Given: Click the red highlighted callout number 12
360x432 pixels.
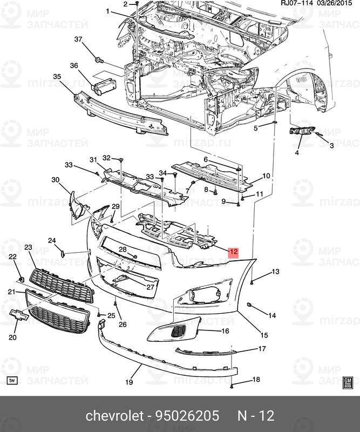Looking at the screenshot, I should [x=233, y=252].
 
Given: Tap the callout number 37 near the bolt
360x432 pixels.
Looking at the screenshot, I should [x=78, y=39].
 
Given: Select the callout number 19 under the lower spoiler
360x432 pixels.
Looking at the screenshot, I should [x=129, y=382].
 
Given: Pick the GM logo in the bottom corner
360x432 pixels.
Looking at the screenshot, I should [x=348, y=382].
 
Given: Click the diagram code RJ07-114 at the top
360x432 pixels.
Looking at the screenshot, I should [x=296, y=4].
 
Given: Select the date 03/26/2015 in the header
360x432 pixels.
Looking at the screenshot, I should [x=338, y=4].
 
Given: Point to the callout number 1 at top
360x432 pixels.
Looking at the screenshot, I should [x=107, y=11].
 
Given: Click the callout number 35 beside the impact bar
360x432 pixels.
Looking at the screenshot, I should [x=57, y=77].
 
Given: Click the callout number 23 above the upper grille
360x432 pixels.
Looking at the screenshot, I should [x=28, y=247].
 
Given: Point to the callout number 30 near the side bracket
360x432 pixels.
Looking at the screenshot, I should [x=55, y=179].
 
